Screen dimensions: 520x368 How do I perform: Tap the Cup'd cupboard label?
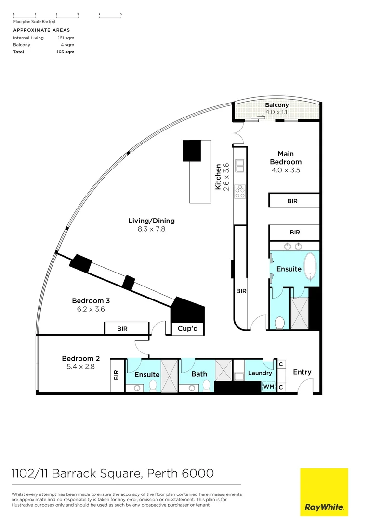coord(188,329)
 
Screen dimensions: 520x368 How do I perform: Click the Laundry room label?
coord(260,373)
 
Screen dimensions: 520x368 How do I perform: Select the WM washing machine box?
coord(268,386)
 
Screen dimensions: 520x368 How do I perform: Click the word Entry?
coord(302,372)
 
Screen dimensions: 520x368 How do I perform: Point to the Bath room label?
coord(199,374)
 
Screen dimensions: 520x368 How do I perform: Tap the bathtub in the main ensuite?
coord(312,266)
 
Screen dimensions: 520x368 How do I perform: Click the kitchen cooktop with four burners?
coord(239,192)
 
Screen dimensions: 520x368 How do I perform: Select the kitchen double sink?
coord(239,166)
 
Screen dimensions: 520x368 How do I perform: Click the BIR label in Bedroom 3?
coord(122,329)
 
